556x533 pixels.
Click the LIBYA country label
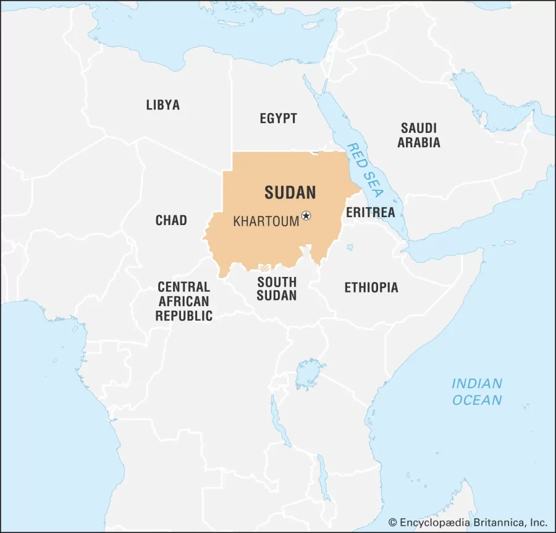tap(163, 104)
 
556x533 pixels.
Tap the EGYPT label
tap(278, 118)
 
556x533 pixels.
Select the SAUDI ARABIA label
tap(419, 135)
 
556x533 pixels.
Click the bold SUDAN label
tap(290, 192)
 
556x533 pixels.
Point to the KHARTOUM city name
tap(266, 221)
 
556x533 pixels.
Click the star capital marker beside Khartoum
tap(306, 216)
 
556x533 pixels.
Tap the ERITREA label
tap(370, 212)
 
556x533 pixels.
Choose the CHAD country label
tap(171, 220)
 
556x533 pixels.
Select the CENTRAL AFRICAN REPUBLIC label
tap(183, 301)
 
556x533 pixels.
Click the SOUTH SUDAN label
tap(277, 289)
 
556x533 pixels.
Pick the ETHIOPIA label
tap(371, 288)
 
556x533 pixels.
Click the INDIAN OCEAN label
tap(477, 391)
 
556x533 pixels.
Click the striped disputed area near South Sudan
tap(265, 268)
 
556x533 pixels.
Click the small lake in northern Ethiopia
tap(350, 248)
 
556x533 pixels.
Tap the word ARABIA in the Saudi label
tap(419, 143)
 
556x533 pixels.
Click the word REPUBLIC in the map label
tap(183, 316)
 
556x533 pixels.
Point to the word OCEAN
tap(477, 400)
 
